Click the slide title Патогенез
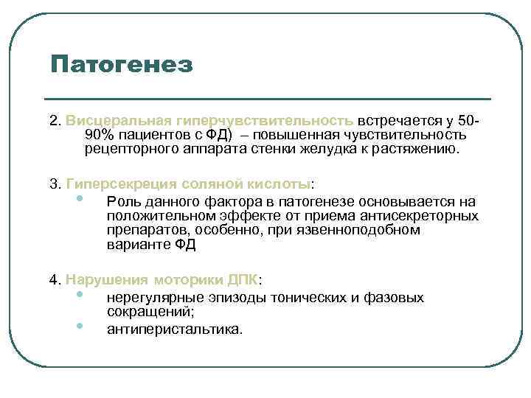[x=122, y=64]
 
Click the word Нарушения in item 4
[x=108, y=280]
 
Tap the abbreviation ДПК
[x=241, y=280]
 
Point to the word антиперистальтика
[x=173, y=329]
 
